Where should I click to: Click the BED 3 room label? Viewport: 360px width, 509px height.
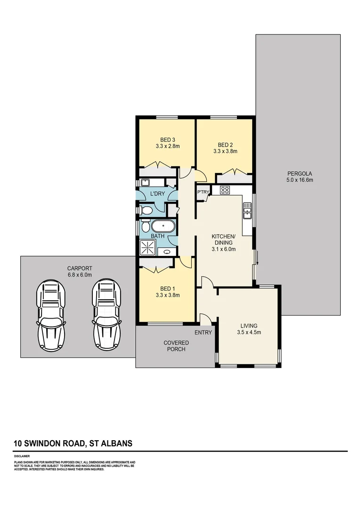[x=168, y=140]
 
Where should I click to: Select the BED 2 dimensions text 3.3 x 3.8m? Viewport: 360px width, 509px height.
[x=225, y=151]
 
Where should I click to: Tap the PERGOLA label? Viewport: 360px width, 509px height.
[x=299, y=173]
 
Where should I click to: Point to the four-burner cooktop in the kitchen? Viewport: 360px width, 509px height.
[x=225, y=190]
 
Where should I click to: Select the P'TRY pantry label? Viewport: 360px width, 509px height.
[x=203, y=192]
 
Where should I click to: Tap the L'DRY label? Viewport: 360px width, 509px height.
[x=156, y=194]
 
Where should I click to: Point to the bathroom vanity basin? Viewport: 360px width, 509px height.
[x=167, y=252]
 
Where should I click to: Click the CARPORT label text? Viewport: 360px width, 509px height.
[x=79, y=269]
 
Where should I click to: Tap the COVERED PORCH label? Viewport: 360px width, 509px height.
[x=174, y=346]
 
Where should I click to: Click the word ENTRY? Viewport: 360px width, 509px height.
[x=204, y=332]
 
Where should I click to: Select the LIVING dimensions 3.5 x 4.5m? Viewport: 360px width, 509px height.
[x=249, y=332]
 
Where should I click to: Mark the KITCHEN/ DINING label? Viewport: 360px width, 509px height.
[x=222, y=239]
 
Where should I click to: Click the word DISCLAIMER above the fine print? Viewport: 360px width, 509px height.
[x=22, y=456]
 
